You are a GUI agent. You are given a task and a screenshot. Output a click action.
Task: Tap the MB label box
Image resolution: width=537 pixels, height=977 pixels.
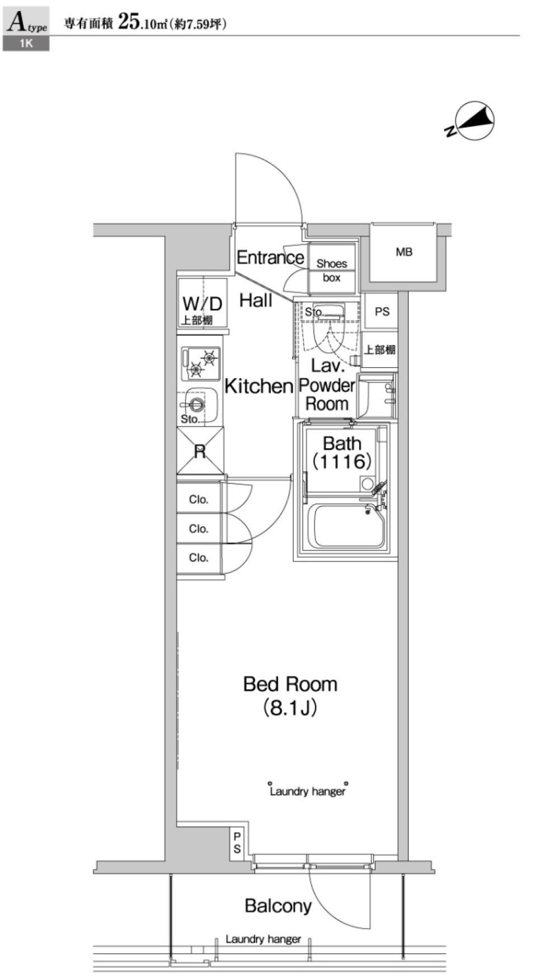[x=404, y=252]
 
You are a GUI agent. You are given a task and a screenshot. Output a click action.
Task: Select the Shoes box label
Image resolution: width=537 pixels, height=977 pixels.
[x=332, y=270]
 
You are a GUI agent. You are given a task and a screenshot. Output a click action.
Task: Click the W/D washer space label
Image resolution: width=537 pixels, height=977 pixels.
[x=202, y=304]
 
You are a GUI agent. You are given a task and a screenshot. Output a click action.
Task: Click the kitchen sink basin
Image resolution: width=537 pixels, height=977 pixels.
[x=198, y=403]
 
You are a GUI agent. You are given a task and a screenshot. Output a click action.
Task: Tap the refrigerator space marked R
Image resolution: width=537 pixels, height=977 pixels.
[x=200, y=451]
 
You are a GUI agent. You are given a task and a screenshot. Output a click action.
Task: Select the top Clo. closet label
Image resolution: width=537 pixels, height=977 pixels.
[x=199, y=499]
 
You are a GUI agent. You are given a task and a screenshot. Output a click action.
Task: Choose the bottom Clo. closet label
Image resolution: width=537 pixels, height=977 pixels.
[x=199, y=557]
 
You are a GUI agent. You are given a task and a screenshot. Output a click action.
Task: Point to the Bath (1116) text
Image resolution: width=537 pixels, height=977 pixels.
[x=342, y=452]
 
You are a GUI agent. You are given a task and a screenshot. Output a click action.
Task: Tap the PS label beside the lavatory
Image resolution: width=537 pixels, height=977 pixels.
[x=382, y=311]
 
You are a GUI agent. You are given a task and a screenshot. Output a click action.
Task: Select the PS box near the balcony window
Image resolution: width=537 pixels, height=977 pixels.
[x=237, y=842]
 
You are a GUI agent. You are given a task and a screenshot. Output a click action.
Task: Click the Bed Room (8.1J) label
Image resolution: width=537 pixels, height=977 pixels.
[x=290, y=696]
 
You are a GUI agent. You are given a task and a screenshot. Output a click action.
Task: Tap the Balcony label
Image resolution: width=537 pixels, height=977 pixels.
[x=278, y=905]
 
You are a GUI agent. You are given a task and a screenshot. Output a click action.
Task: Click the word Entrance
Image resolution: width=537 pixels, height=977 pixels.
[x=270, y=257]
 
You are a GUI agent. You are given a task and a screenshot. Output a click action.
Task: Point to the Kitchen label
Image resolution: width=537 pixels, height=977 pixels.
[x=258, y=386]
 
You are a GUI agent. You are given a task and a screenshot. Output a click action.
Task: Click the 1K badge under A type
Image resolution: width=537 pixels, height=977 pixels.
[x=26, y=44]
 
